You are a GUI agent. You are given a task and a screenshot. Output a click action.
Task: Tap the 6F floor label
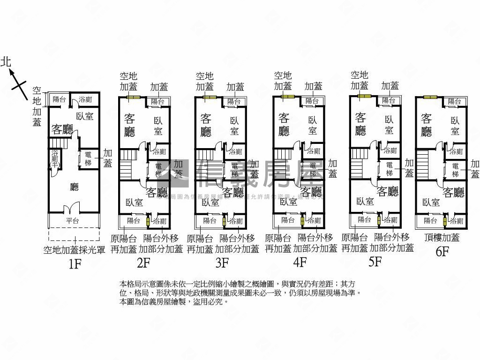pyautogui.click(x=442, y=252)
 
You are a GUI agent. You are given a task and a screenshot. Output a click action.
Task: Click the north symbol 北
pyautogui.click(x=6, y=61)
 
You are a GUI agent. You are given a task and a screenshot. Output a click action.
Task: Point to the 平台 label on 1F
pyautogui.click(x=72, y=221)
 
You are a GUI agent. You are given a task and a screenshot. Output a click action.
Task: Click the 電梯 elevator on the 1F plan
pyautogui.click(x=88, y=159)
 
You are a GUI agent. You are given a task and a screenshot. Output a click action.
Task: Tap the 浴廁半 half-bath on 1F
pyautogui.click(x=54, y=159)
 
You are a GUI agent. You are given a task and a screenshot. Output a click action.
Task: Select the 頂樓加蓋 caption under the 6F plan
pyautogui.click(x=442, y=238)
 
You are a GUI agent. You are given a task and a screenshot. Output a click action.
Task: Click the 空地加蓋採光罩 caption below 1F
pyautogui.click(x=74, y=250)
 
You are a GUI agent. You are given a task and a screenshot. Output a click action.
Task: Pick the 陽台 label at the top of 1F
pyautogui.click(x=59, y=99)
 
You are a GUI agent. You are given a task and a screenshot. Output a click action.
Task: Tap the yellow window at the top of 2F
pyautogui.click(x=134, y=97)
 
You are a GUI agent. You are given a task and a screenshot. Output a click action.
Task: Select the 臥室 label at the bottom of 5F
pyautogui.click(x=366, y=201)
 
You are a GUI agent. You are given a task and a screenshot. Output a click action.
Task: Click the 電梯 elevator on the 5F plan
pyautogui.click(x=390, y=169)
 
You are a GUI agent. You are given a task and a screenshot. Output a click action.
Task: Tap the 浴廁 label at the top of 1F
pyautogui.click(x=85, y=99)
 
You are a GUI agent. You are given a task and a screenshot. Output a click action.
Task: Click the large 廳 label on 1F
pyautogui.click(x=74, y=187)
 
